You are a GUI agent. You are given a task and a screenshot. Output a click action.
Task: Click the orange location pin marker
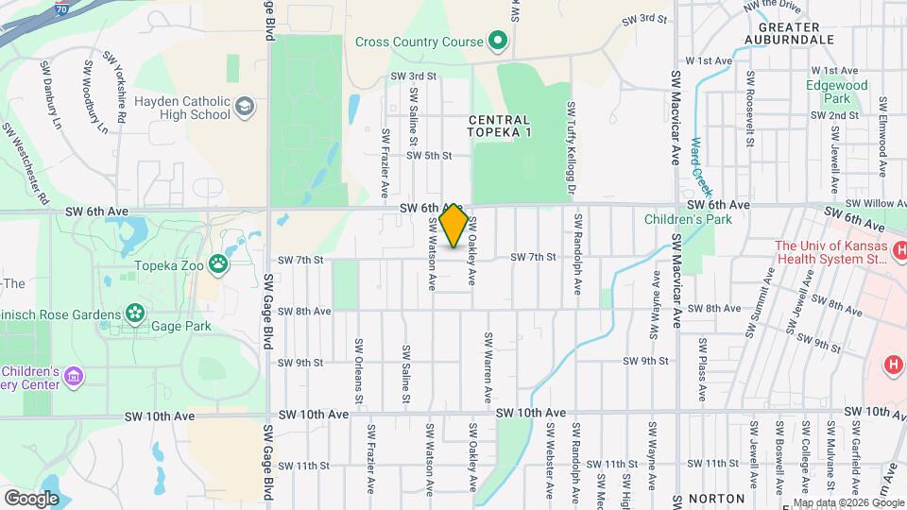click(453, 226)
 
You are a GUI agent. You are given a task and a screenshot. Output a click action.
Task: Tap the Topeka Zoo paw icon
click(219, 264)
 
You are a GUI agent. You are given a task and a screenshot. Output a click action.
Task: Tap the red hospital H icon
click(891, 365)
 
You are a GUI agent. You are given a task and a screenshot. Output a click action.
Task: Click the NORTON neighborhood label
click(717, 498)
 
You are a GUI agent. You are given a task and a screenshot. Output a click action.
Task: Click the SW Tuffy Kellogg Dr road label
click(572, 148)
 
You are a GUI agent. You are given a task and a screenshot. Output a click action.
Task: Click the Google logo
click(31, 498)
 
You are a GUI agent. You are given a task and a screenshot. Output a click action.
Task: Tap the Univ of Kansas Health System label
click(831, 253)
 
